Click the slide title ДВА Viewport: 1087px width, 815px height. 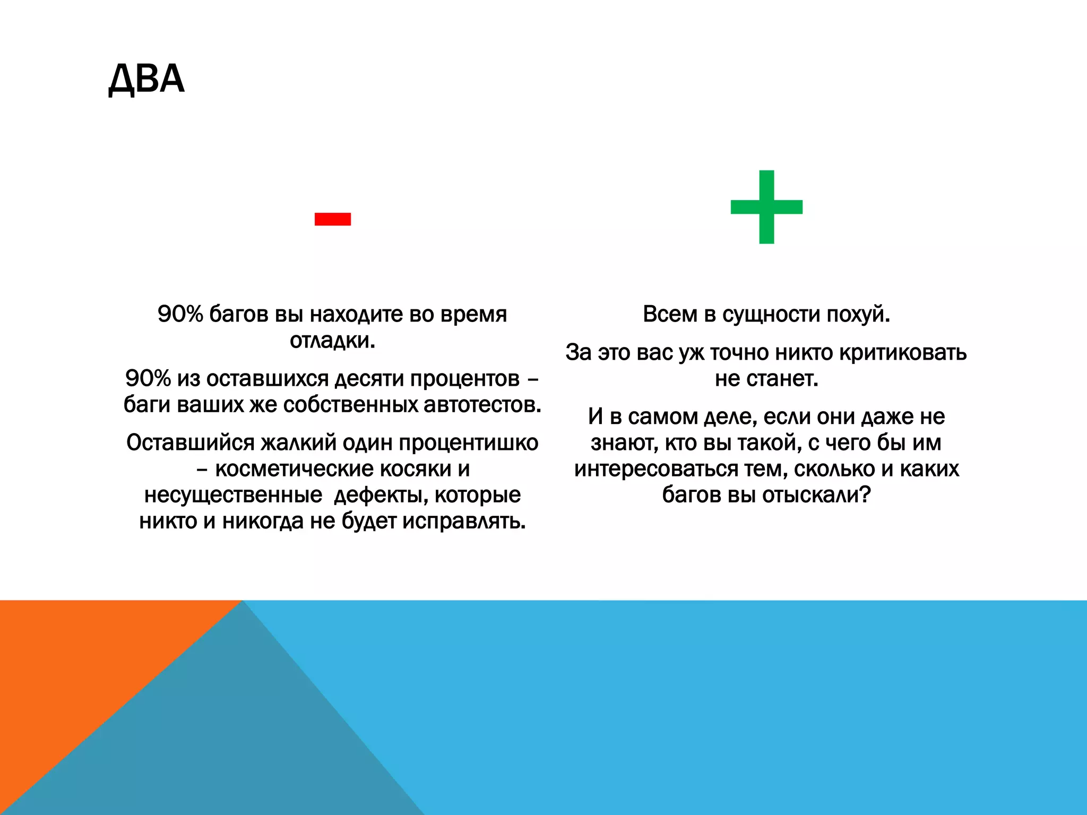[146, 79]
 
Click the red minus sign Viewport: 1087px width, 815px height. [333, 219]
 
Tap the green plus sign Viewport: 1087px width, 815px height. [766, 207]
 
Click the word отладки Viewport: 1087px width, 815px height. [332, 341]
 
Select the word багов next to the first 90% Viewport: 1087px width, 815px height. [239, 314]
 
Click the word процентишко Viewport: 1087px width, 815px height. [469, 443]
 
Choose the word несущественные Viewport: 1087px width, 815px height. [233, 495]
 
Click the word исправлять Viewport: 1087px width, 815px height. [464, 521]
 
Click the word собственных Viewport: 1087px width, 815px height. [350, 405]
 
